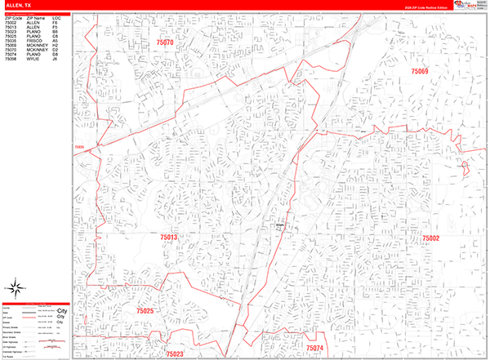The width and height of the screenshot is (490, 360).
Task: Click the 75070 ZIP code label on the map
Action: coord(166,41)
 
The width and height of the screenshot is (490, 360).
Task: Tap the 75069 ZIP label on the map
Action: coord(420,72)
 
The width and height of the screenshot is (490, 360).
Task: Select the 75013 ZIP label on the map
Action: coord(168,237)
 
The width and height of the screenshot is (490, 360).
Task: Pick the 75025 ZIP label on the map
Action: coord(145,312)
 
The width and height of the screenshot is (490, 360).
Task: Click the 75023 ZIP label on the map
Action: coord(173,353)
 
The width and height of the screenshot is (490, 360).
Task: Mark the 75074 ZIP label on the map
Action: coord(314,349)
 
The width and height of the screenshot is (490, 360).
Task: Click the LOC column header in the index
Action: coord(56,17)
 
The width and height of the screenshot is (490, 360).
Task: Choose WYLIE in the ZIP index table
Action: coord(32,60)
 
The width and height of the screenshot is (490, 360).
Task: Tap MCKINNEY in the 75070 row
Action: coord(36,51)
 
